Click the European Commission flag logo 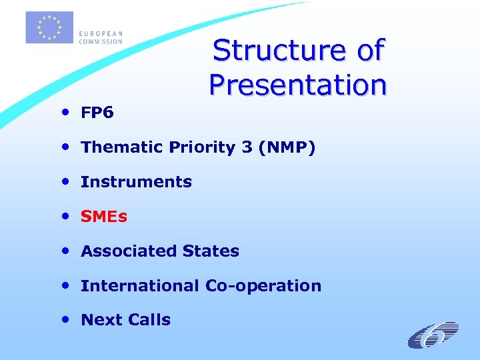[x=49, y=27]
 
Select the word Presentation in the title [x=297, y=85]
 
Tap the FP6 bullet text [x=97, y=113]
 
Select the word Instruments [x=136, y=182]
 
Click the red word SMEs [x=103, y=217]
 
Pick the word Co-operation [x=263, y=286]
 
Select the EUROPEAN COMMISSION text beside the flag [x=101, y=37]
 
